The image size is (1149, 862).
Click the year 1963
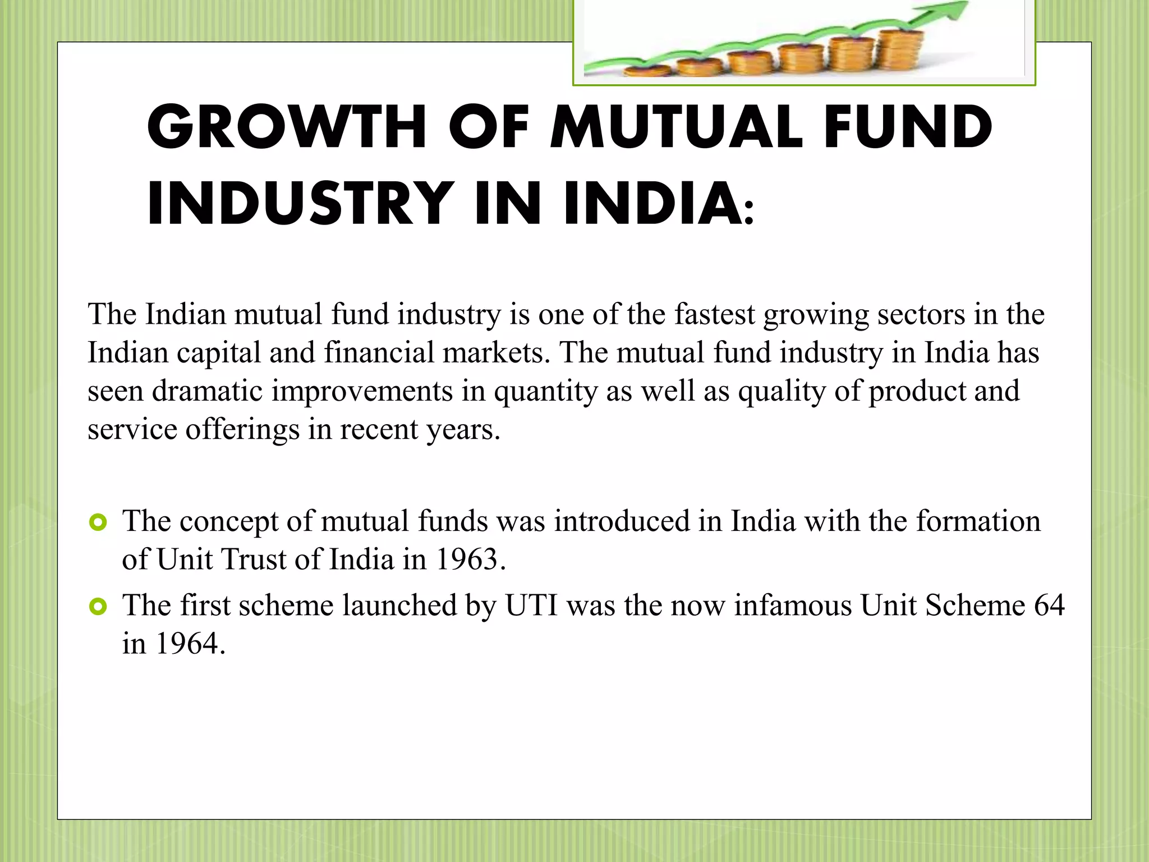pyautogui.click(x=467, y=560)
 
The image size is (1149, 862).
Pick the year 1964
pyautogui.click(x=187, y=644)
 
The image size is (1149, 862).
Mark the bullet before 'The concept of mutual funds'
pyautogui.click(x=98, y=523)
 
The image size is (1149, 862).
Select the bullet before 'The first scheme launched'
pyautogui.click(x=98, y=607)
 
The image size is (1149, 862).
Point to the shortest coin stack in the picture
pyautogui.click(x=645, y=71)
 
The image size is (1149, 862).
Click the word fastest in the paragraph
pyautogui.click(x=714, y=314)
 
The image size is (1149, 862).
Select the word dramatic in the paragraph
pyautogui.click(x=207, y=391)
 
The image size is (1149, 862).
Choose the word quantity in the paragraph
pyautogui.click(x=545, y=392)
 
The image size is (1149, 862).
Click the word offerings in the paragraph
pyautogui.click(x=242, y=430)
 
